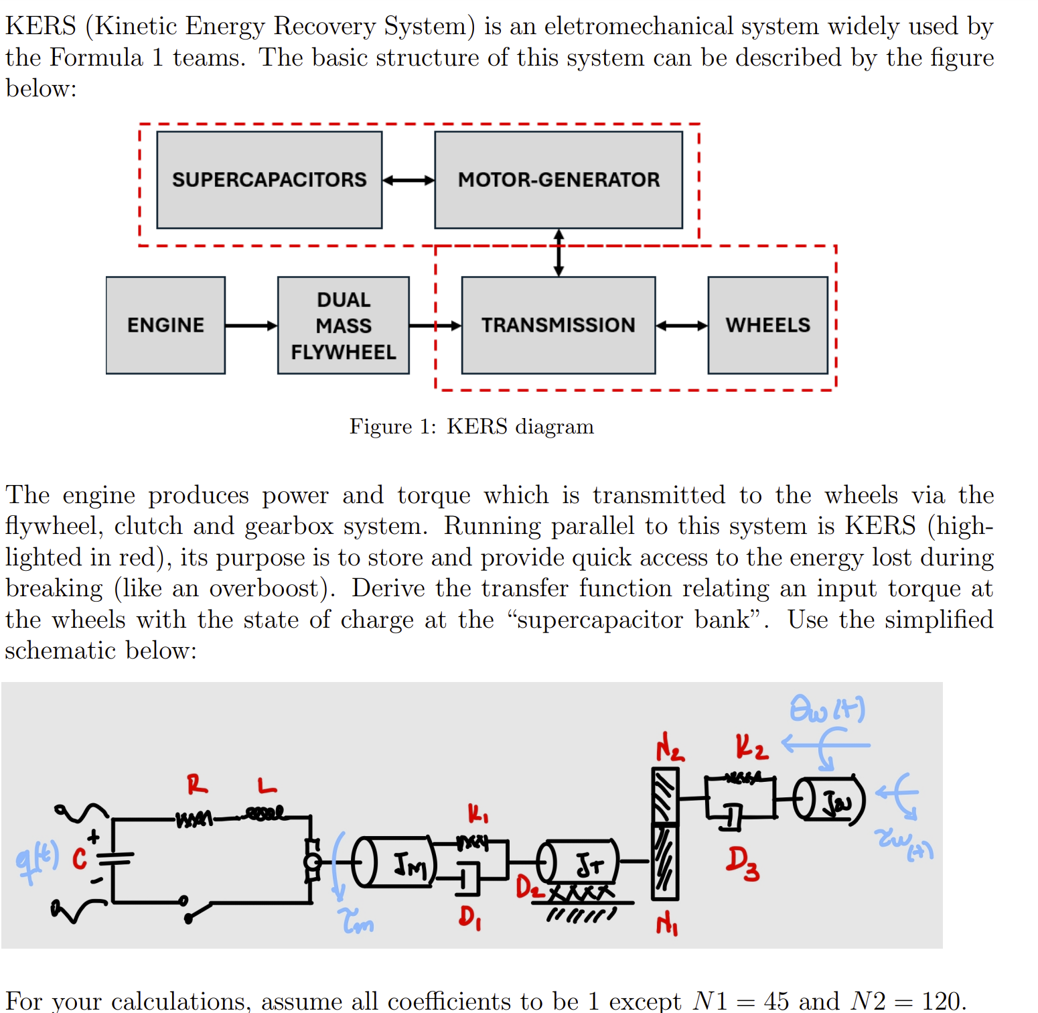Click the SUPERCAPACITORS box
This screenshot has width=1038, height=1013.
coord(269,180)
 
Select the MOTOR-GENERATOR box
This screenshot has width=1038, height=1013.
coord(559,180)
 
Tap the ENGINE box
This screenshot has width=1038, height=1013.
coord(165,325)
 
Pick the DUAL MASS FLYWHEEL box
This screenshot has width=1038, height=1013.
coord(343,325)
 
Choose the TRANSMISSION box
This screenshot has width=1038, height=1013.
coord(558,325)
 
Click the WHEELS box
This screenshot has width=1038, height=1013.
coord(767,325)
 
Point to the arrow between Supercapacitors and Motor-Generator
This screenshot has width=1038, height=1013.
coord(409,180)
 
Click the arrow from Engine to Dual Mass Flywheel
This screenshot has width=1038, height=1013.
coord(251,326)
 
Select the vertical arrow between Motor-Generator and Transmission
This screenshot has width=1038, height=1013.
coord(559,253)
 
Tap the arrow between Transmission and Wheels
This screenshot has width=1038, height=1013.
coord(681,326)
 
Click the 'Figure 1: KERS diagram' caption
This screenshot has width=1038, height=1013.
coord(471,427)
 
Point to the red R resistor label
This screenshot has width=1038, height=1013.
coord(197,783)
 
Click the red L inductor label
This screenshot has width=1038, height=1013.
coord(267,785)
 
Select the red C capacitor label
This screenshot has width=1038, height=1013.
coord(79,858)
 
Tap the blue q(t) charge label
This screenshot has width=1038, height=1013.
coord(37,860)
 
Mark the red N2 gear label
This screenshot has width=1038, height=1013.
coord(670,746)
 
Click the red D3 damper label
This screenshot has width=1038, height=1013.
coord(743,863)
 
